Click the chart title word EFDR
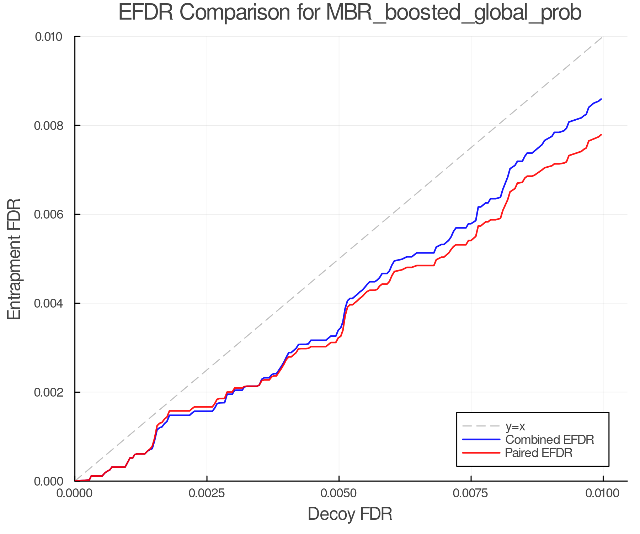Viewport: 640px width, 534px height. (146, 13)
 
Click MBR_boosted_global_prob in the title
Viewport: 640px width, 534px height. (453, 13)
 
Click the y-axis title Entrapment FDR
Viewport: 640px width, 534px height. (15, 259)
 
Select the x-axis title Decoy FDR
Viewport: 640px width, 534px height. (350, 514)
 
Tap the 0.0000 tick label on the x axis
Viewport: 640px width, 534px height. (75, 493)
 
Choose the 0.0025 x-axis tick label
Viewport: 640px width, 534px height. (207, 493)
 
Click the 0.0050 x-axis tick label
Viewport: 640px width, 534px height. (339, 493)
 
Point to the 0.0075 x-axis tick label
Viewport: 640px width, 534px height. (471, 493)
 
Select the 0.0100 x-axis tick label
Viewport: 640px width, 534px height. (603, 493)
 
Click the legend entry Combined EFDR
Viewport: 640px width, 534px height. (549, 440)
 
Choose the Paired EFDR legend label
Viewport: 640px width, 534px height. (539, 453)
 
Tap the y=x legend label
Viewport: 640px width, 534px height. (515, 426)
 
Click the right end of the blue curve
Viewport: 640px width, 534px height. (601, 99)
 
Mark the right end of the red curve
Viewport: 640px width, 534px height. (601, 135)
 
